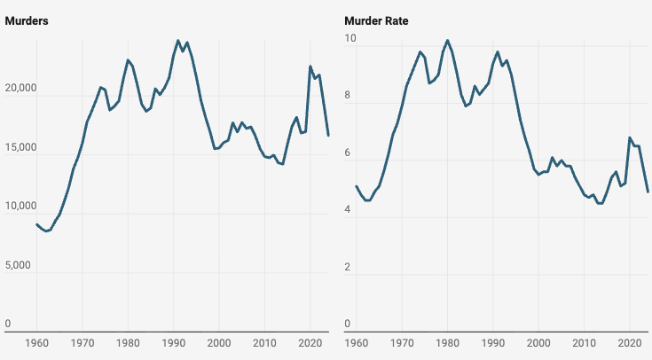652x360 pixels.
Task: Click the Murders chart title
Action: (x=26, y=20)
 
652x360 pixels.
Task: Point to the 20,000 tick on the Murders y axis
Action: (x=20, y=89)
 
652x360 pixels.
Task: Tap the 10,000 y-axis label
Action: (x=20, y=207)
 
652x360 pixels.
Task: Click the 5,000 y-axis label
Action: (x=18, y=265)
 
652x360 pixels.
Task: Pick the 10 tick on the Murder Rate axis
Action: (x=350, y=39)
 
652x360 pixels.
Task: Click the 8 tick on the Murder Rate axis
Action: (x=348, y=97)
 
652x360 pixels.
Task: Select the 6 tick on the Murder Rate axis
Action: (x=348, y=153)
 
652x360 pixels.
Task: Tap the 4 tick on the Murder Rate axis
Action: (x=348, y=210)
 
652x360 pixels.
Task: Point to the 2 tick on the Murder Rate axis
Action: (x=348, y=268)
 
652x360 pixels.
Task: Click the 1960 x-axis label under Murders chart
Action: (x=36, y=342)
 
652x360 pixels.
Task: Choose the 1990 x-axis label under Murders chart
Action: (x=173, y=342)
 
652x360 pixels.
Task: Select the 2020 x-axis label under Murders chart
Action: (x=310, y=342)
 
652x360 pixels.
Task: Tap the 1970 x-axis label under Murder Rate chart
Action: (x=401, y=342)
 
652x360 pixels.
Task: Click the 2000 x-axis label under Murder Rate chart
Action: (x=538, y=342)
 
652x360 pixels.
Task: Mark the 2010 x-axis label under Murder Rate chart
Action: (x=584, y=342)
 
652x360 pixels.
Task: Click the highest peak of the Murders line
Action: (x=177, y=40)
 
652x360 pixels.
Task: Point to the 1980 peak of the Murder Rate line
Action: (x=447, y=40)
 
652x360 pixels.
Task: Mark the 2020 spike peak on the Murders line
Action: (x=310, y=66)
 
